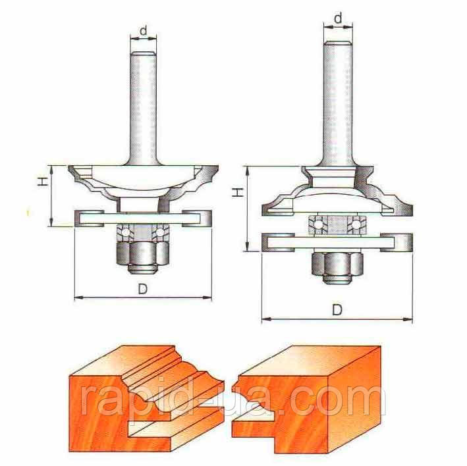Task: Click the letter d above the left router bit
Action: click(x=144, y=30)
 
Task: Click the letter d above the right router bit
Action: click(x=338, y=18)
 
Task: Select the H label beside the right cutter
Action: click(x=235, y=192)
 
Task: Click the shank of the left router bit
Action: click(x=144, y=105)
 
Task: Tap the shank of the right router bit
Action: click(x=337, y=99)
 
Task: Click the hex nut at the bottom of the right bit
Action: click(x=337, y=267)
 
